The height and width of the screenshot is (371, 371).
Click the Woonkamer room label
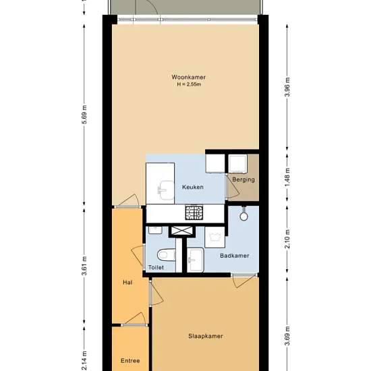coord(188,77)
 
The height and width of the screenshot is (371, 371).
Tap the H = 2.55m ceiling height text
coord(189,84)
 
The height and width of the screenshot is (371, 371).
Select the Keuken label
coord(193,187)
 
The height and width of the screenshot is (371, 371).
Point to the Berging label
coord(244,179)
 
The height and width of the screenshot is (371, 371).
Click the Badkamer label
coord(235,256)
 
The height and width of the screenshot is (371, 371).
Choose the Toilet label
coord(156,267)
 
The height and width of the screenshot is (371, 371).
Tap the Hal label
coord(127,282)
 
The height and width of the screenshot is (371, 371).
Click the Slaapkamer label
coord(206,336)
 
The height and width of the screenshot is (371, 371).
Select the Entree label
coord(130,361)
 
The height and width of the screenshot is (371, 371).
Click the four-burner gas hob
coord(194,212)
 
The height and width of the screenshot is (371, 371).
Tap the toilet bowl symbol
coord(167,255)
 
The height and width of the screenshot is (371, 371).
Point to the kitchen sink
coord(166,190)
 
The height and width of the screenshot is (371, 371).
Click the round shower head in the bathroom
coord(244,217)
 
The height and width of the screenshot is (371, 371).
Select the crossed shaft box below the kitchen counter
coord(182,231)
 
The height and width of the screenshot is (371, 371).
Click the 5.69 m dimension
coord(84,115)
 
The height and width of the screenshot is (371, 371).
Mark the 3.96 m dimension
coord(287,87)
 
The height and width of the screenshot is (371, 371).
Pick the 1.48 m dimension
coord(287,177)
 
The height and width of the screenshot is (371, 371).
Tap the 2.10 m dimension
coord(287,239)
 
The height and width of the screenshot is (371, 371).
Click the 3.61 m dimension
coord(84,266)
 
